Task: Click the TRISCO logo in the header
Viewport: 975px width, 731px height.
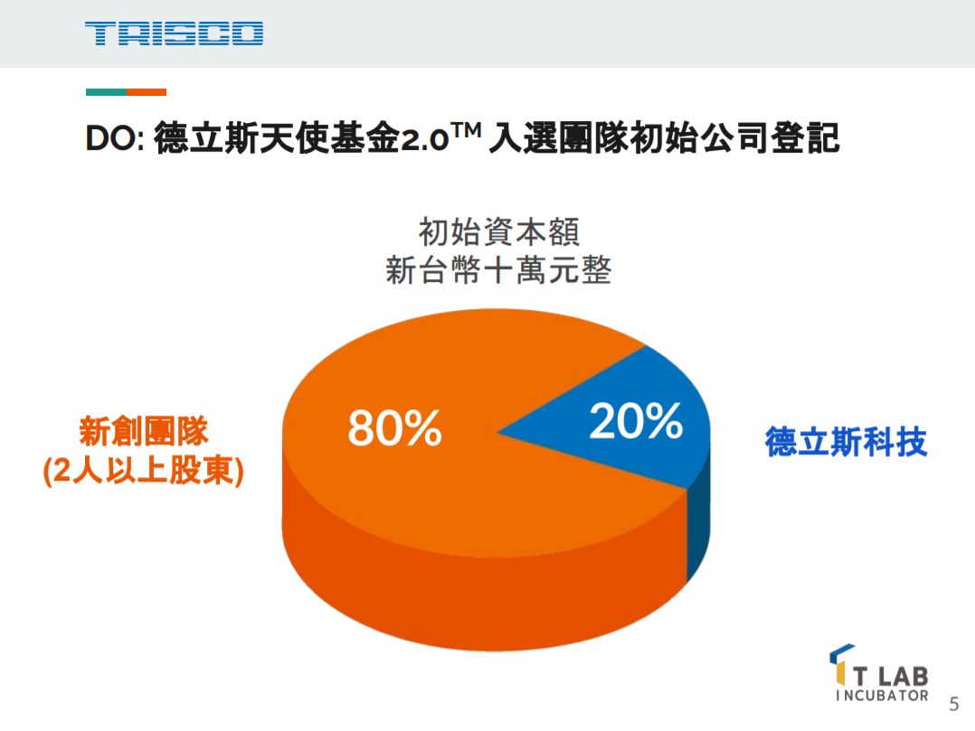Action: (x=175, y=34)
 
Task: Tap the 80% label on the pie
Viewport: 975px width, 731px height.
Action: (x=394, y=427)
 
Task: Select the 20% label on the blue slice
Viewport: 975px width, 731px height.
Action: (x=635, y=420)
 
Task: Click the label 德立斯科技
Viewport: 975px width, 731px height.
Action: (x=846, y=443)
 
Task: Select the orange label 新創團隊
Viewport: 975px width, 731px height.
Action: (x=144, y=431)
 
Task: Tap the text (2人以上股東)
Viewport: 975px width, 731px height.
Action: (x=144, y=472)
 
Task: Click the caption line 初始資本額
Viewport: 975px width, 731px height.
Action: (x=498, y=232)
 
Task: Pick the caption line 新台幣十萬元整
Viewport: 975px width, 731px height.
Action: (x=498, y=271)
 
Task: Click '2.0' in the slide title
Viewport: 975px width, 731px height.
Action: (x=423, y=141)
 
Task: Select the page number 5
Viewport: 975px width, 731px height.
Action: (x=952, y=704)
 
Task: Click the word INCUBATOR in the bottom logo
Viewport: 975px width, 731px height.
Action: (x=883, y=696)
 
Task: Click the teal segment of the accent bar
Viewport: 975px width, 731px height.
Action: (x=106, y=92)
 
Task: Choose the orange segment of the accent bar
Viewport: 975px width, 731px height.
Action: (x=147, y=92)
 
